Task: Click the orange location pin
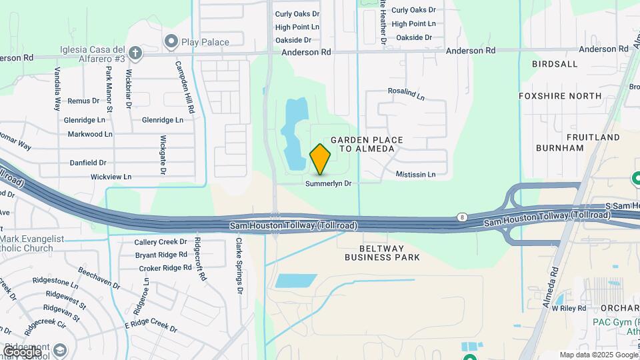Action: point(321,159)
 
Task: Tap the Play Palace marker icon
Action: point(171,42)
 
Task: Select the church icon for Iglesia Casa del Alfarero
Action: point(135,52)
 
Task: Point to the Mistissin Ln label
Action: point(415,175)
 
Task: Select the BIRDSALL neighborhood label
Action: point(555,64)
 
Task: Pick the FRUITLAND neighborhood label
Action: point(593,137)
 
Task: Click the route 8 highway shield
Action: point(461,217)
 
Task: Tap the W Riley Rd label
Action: point(569,308)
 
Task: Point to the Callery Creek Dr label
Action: point(161,242)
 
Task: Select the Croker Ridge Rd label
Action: point(165,268)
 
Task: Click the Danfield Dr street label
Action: point(88,163)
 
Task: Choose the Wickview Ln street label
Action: point(111,177)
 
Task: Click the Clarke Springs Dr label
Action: point(238,267)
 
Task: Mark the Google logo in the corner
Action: point(21,351)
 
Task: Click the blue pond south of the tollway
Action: point(296,281)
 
